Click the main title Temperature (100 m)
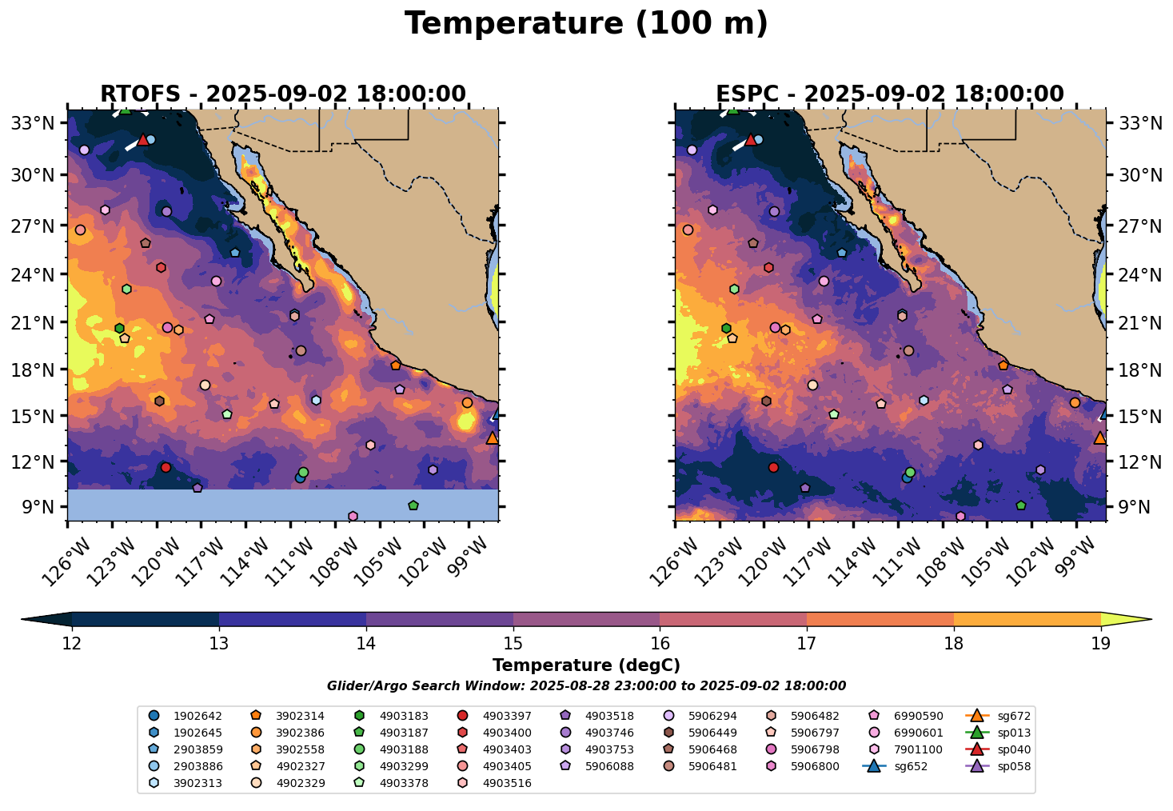click(x=586, y=24)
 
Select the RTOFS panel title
click(x=282, y=94)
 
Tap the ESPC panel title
click(x=890, y=94)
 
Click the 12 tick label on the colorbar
click(x=72, y=644)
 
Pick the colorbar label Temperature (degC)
click(x=586, y=665)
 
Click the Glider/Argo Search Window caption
click(x=586, y=686)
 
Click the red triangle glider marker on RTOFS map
click(x=143, y=140)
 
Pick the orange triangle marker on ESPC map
click(x=1099, y=438)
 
